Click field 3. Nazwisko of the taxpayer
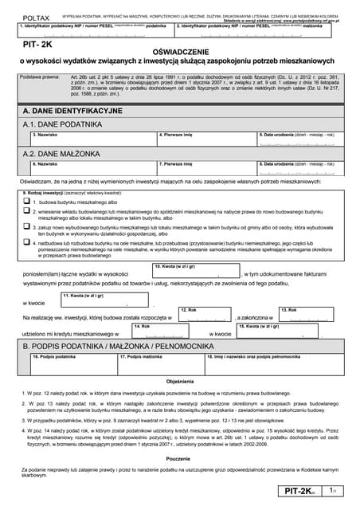(x=88, y=141)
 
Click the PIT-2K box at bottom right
(x=305, y=493)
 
